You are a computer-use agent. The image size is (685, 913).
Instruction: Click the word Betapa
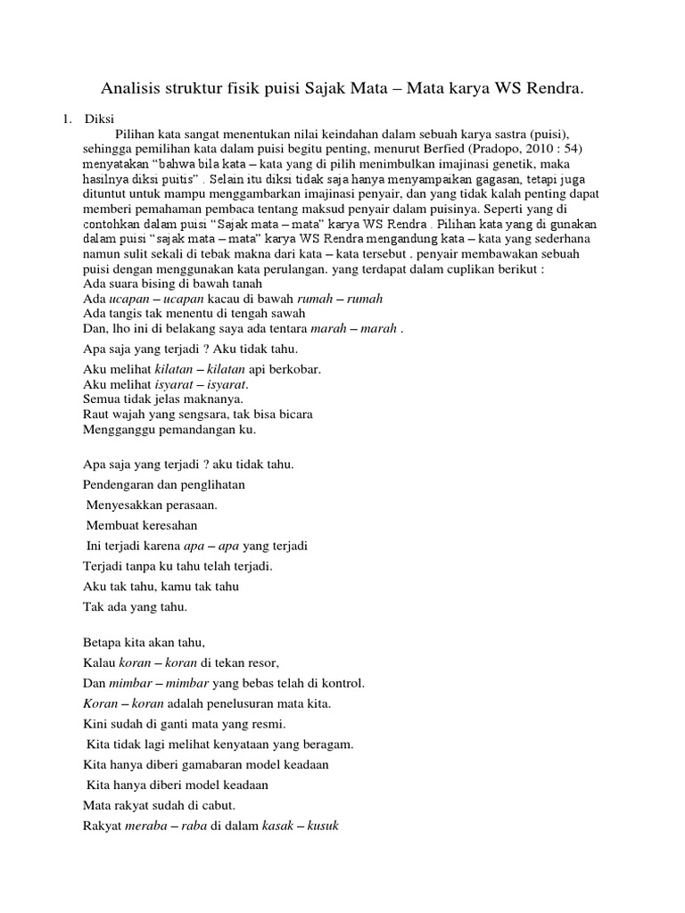tap(101, 642)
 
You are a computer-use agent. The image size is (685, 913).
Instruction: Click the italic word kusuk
tap(324, 825)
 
